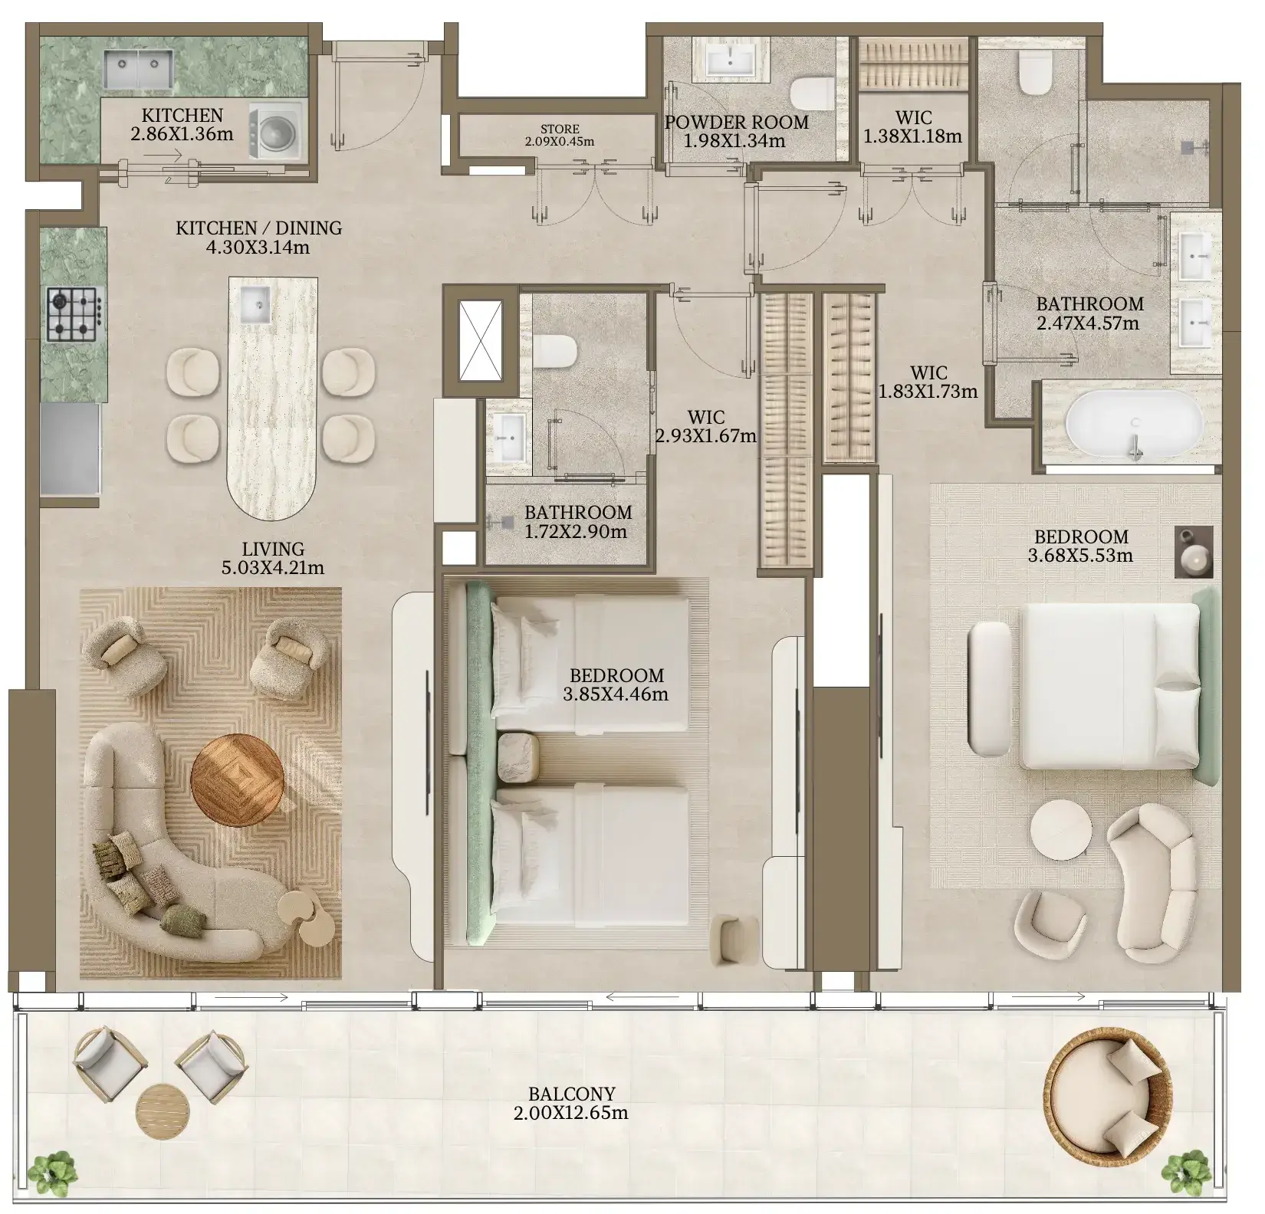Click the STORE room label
pos(560,129)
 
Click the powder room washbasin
pos(731,60)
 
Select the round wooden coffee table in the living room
pos(238,780)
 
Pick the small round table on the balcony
pos(163,1110)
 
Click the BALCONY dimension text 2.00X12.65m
pos(570,1113)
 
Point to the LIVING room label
pos(273,549)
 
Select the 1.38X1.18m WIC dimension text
pos(912,136)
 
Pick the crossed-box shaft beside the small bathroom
pos(481,340)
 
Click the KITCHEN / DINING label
pos(258,228)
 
